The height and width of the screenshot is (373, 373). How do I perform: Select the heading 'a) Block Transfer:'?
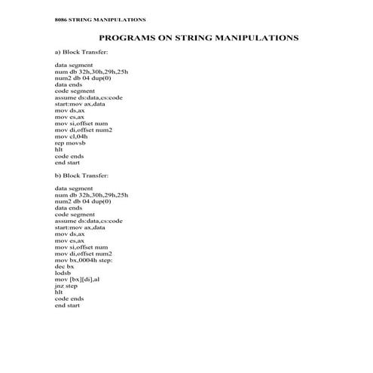81,53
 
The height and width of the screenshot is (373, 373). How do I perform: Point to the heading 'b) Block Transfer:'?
81,175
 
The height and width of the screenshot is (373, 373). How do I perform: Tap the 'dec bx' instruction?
65,266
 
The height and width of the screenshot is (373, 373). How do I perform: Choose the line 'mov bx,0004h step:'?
84,259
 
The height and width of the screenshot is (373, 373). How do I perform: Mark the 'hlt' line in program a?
59,149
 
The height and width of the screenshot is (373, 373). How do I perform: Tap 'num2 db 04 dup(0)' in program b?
83,201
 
